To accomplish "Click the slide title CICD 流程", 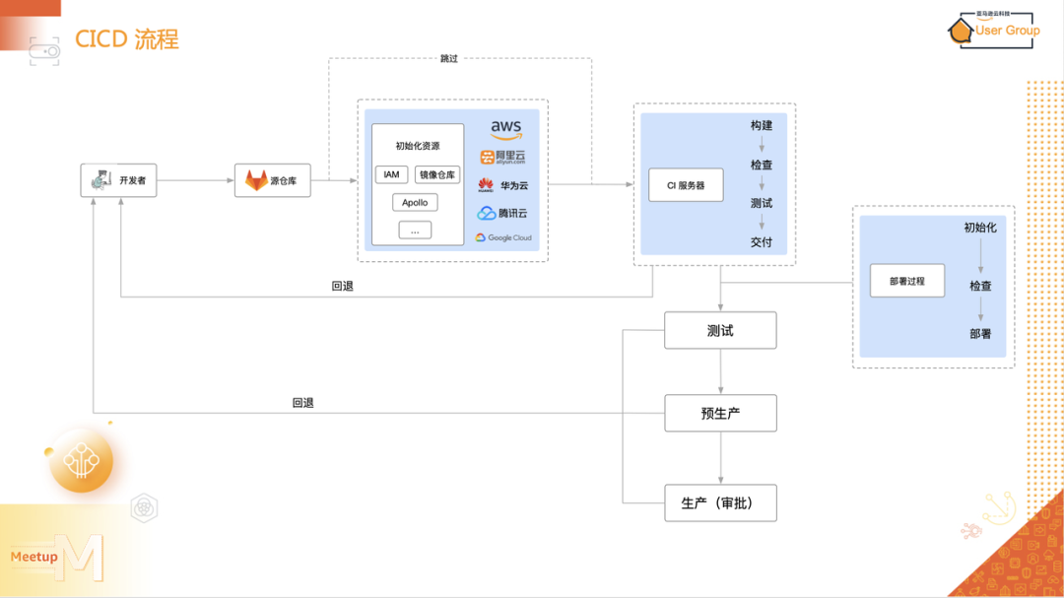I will click(127, 39).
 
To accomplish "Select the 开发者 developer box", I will click(118, 180).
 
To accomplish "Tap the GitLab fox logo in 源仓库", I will click(256, 180).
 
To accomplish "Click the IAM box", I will click(391, 174).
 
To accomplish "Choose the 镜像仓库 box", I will click(437, 174).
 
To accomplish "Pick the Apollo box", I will click(415, 203).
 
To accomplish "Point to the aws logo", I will click(505, 129).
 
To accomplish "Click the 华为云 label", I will click(514, 184).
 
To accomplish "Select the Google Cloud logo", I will click(503, 237).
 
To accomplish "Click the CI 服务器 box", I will click(685, 185).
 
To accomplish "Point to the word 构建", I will click(761, 126).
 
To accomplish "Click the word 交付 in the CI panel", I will click(761, 241).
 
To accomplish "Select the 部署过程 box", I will click(906, 281).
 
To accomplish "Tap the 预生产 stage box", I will click(720, 414).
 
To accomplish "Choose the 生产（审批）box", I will click(720, 502).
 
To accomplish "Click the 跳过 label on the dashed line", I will click(448, 59).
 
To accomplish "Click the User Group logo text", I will click(1007, 31).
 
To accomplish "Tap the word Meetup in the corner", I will click(33, 557).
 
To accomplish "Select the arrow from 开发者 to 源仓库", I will click(195, 180).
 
